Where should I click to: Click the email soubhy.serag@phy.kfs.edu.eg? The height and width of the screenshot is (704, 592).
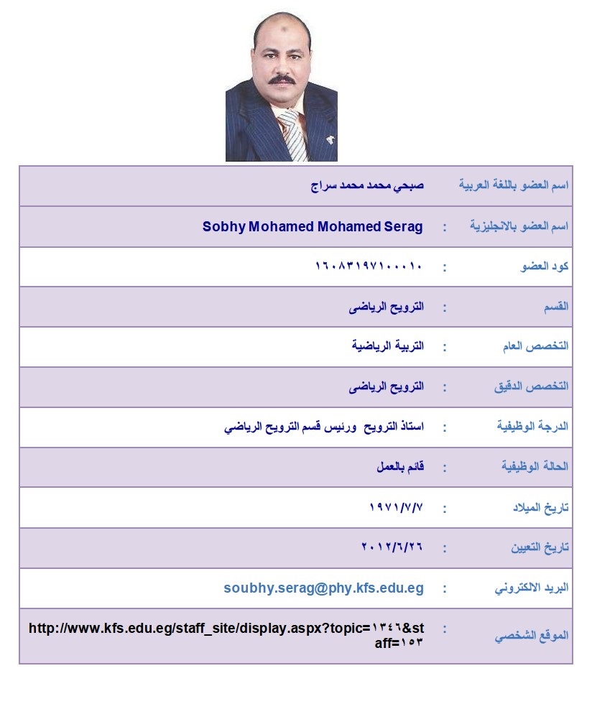click(x=323, y=588)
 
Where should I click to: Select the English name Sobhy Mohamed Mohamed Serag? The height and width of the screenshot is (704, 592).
click(x=313, y=226)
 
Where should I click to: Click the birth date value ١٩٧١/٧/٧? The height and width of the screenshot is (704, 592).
click(x=395, y=508)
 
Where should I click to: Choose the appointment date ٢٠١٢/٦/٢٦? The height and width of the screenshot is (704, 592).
click(x=392, y=547)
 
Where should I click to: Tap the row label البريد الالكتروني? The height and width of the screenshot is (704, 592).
click(x=532, y=588)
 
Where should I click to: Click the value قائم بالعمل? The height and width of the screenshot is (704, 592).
click(x=400, y=467)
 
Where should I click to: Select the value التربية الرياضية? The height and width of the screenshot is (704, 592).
click(x=388, y=346)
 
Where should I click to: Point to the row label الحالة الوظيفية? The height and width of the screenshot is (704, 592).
click(x=535, y=467)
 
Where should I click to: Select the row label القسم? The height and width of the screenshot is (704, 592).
click(x=557, y=307)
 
